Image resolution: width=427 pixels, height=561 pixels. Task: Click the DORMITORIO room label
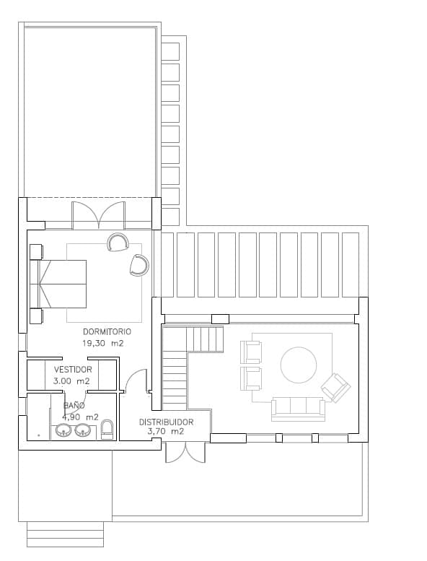tap(107, 331)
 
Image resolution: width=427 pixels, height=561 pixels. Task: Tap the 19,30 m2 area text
tap(103, 344)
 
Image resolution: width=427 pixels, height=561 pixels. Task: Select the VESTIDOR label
tap(73, 369)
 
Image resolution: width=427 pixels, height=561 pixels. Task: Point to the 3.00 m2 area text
tap(71, 380)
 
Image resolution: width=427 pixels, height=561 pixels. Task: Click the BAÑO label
tap(74, 406)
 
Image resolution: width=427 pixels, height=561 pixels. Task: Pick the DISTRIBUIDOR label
tap(166, 422)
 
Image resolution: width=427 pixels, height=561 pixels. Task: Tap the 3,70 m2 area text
tap(165, 432)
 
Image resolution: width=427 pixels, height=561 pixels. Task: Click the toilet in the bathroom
tap(107, 429)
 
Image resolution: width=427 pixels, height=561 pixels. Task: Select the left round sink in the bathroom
tap(64, 431)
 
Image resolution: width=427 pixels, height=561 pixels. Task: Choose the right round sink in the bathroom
tap(82, 431)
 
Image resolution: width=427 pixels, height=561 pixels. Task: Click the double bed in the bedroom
tap(59, 283)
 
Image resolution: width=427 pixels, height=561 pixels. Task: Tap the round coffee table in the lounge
tap(298, 365)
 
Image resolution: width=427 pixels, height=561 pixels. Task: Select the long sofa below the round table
tap(298, 409)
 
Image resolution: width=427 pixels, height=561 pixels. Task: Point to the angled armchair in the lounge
tap(335, 388)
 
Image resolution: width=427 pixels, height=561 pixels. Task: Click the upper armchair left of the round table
tap(251, 352)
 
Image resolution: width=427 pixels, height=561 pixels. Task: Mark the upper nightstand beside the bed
tap(36, 251)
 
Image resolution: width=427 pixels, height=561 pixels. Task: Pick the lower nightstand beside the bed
tap(36, 316)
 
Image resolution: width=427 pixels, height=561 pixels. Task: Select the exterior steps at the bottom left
tap(66, 534)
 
